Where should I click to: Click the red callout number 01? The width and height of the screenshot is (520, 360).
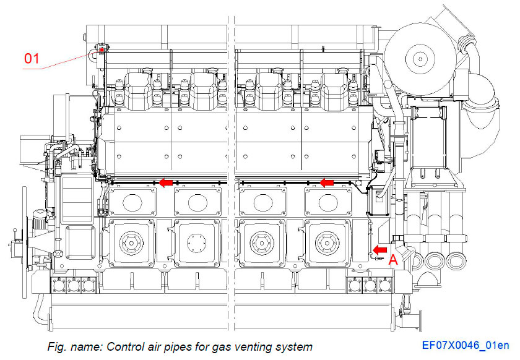coord(32,59)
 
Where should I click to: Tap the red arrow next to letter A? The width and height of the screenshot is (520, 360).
coord(379,249)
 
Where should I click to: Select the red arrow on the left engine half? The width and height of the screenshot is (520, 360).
coord(165,182)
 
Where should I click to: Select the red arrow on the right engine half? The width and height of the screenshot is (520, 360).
coord(326,182)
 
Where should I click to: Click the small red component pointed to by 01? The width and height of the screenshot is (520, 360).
coord(100,49)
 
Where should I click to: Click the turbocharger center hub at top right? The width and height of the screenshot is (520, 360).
coord(420,60)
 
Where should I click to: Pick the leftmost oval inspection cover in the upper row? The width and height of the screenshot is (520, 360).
coord(130,202)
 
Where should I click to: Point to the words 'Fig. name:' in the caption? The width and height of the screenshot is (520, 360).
coord(71,346)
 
